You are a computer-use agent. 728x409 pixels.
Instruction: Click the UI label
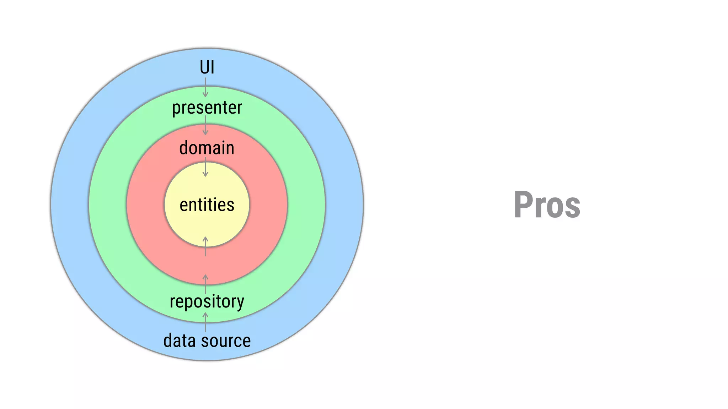[x=207, y=67]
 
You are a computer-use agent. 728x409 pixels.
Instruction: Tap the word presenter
[x=207, y=108]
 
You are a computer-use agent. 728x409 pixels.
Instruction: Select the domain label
[x=207, y=148]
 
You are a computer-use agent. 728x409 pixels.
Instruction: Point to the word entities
[x=207, y=205]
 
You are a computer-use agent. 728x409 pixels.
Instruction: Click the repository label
[x=207, y=301]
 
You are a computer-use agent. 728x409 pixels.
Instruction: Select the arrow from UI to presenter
[x=205, y=87]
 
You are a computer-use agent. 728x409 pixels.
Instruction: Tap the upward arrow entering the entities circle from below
[x=205, y=246]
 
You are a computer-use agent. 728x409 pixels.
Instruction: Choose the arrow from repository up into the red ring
[x=205, y=284]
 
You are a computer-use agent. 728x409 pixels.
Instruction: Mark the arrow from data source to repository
[x=205, y=322]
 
